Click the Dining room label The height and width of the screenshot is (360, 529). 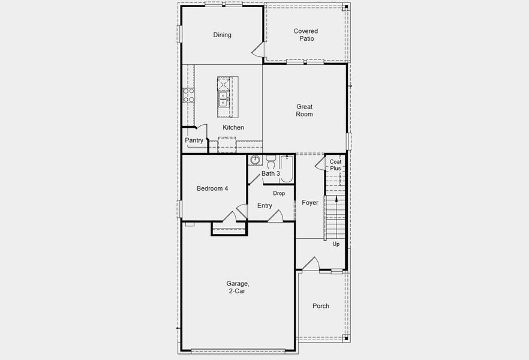[222, 35]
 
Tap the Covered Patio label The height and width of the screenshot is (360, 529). [306, 35]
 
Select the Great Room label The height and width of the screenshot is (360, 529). [304, 110]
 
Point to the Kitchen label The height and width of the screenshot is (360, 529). [233, 128]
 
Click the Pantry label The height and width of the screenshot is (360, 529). [194, 140]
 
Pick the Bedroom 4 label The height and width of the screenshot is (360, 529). [212, 188]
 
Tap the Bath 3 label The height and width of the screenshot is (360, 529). [270, 174]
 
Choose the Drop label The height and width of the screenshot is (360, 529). [279, 193]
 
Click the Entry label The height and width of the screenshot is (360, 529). [264, 206]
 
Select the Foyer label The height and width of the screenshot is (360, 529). [310, 203]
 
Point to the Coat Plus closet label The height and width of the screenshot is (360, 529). [335, 165]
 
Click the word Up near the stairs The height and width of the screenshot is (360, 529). [336, 244]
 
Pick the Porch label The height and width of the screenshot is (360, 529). [321, 306]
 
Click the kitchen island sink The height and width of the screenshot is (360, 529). [223, 98]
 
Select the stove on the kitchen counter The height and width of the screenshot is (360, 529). [188, 95]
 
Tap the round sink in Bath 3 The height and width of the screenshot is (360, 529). [256, 160]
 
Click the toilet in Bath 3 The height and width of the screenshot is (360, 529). [270, 161]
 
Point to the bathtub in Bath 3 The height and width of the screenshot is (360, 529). [287, 169]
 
